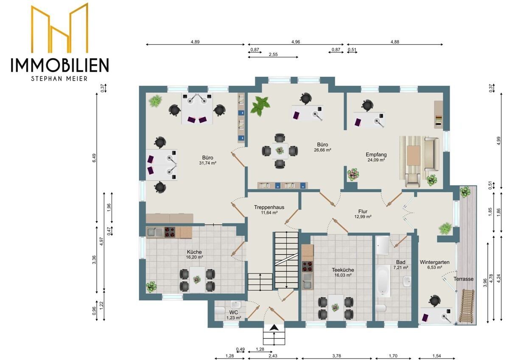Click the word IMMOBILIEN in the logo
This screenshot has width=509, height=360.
pos(60,65)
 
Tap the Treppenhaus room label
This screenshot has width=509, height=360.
pos(269,207)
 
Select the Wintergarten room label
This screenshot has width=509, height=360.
pos(434,262)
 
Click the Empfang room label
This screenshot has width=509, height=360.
pos(376,155)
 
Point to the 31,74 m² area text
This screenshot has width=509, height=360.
pos(207,163)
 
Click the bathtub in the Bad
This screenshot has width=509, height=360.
pos(383,281)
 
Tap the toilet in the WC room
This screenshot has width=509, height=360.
pos(220,310)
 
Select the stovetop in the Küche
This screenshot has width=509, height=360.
pos(170,232)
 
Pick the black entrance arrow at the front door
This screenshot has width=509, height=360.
pos(274,328)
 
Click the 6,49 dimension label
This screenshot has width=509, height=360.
pos(94,158)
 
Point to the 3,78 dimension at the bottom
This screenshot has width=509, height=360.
pos(336,356)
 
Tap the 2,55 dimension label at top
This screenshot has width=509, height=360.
pos(273,54)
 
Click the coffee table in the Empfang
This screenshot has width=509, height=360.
pos(414,155)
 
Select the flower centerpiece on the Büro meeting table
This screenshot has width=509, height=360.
pos(280,151)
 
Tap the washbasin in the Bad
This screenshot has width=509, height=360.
pos(407,281)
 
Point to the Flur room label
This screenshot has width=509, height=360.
pos(363,211)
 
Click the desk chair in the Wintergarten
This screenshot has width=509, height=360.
pos(434,301)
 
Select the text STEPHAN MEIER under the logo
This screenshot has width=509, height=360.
pos(59,79)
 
